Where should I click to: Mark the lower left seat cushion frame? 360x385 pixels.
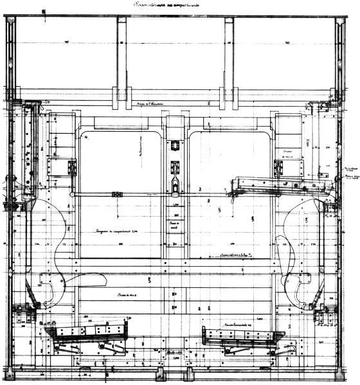tap(87, 332)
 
